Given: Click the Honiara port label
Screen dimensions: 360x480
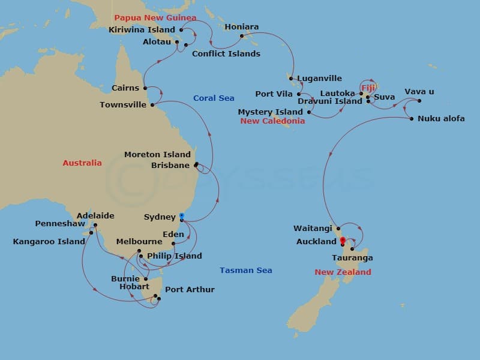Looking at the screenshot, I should [241, 27].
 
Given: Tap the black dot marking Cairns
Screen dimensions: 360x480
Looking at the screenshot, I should [145, 88].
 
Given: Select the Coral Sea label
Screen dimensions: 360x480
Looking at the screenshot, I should [214, 98].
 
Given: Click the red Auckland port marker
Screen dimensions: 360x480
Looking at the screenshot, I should [342, 241].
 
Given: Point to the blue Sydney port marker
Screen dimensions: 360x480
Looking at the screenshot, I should [182, 215].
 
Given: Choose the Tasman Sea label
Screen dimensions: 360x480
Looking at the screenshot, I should [245, 270].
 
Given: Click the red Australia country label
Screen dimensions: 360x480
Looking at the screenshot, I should [82, 163].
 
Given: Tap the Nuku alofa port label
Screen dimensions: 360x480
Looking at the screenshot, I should [441, 118].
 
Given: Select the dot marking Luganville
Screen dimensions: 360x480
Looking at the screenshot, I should [290, 78].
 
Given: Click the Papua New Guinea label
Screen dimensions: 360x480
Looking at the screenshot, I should [155, 18].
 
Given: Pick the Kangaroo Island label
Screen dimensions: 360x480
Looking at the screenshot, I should [49, 242].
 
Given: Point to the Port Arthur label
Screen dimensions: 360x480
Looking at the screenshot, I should [190, 289].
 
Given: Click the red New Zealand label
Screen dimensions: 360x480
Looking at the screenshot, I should [343, 272].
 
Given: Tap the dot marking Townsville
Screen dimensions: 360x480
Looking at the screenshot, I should [152, 105].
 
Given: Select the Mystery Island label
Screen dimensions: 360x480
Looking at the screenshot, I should [270, 112].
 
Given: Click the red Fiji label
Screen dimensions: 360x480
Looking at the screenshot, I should [368, 88].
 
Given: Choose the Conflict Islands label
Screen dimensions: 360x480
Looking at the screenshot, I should [226, 53].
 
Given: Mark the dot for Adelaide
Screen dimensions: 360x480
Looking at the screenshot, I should [95, 226].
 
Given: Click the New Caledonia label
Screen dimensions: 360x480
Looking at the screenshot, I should [272, 121].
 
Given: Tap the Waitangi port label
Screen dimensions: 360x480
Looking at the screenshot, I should [313, 228].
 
